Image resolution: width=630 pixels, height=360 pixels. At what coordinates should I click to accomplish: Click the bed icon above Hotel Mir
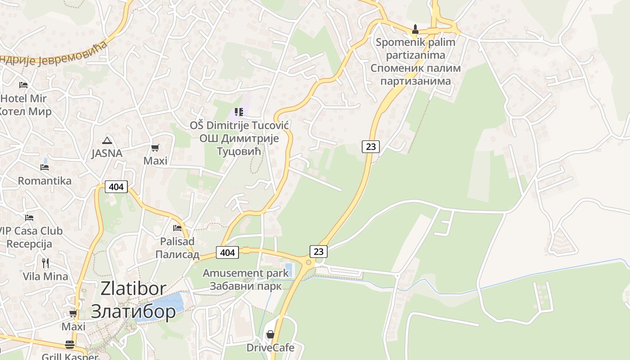[x=23, y=85]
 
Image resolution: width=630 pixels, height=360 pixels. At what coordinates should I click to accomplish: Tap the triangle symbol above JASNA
[x=107, y=140]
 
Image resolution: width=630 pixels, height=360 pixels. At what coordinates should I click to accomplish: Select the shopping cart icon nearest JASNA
[x=155, y=148]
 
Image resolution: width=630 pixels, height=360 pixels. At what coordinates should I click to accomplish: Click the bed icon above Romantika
[x=44, y=167]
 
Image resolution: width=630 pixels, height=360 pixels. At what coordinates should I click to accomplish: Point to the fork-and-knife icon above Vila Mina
[x=45, y=263]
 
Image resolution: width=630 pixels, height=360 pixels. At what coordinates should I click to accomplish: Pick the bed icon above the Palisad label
[x=177, y=228]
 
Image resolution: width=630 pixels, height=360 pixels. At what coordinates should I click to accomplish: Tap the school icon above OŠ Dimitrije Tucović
[x=239, y=112]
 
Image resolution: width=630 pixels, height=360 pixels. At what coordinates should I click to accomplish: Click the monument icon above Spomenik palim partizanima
[x=415, y=30]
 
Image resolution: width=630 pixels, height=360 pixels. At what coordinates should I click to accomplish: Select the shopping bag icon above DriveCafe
[x=270, y=334]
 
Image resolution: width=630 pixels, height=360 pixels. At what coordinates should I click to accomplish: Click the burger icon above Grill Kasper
[x=70, y=345]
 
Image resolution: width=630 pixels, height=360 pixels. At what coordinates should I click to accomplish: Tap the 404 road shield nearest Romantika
[x=116, y=186]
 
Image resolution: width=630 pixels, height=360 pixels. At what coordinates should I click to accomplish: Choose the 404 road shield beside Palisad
[x=227, y=252]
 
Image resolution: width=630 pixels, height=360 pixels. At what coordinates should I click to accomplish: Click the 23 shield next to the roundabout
[x=319, y=251]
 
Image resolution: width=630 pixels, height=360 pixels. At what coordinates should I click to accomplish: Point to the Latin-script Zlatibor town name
[x=133, y=288]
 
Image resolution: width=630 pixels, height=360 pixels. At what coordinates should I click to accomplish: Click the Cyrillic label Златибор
[x=133, y=311]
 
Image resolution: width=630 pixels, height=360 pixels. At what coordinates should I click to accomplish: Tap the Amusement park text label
[x=246, y=273]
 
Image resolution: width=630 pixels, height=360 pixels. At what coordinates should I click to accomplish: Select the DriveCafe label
[x=270, y=347]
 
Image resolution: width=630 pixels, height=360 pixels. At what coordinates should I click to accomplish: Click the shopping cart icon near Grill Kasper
[x=73, y=313]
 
